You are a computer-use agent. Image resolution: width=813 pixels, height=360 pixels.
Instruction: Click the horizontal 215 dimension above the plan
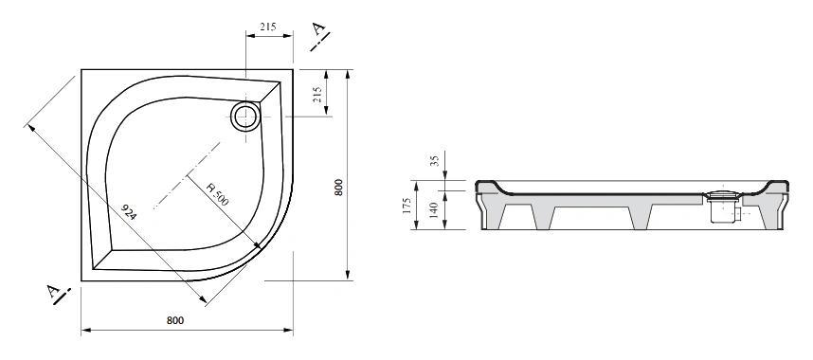click(x=268, y=27)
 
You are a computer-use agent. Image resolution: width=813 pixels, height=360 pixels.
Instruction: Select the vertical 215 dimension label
click(x=317, y=94)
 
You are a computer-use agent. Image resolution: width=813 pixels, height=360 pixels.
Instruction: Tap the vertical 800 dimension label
click(x=338, y=188)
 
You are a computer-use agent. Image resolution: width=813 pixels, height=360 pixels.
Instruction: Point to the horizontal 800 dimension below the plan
click(x=175, y=320)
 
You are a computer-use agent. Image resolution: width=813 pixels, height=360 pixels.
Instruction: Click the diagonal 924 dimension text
click(x=128, y=212)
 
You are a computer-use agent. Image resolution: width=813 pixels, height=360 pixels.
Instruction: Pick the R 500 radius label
click(x=217, y=194)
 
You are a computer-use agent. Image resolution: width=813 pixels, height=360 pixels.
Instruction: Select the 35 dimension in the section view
click(x=435, y=160)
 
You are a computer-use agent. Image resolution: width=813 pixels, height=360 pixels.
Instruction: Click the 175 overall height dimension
click(x=407, y=206)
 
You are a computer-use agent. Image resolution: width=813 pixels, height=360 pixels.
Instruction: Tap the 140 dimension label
click(x=435, y=209)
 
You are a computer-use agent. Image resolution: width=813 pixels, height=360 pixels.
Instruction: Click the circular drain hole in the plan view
click(x=244, y=116)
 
